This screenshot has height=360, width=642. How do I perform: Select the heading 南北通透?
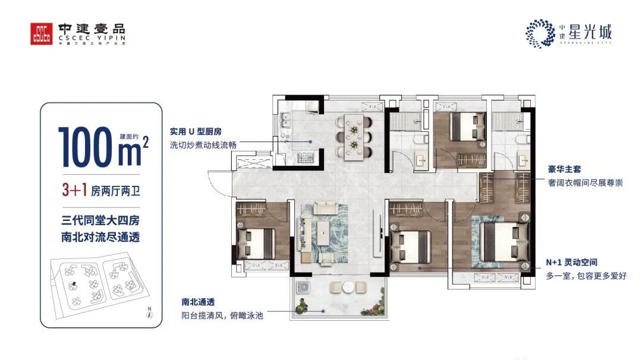click(197, 301)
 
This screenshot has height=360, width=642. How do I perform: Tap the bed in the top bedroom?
click(466, 126)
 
